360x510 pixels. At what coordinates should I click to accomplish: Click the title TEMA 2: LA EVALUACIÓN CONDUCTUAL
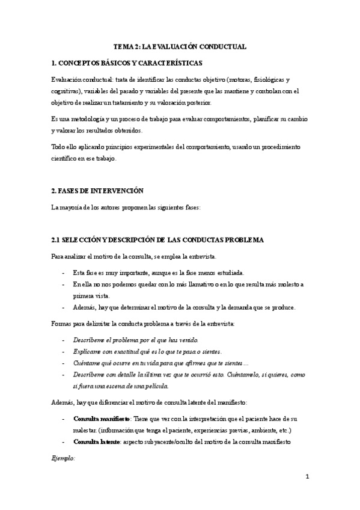tap(180, 46)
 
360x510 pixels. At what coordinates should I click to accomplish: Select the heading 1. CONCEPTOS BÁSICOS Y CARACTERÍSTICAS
tap(127, 63)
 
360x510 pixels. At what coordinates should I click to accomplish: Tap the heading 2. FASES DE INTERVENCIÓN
tap(98, 191)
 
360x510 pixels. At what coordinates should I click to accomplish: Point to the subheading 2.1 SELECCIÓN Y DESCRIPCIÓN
tap(158, 240)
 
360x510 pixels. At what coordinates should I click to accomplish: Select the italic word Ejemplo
tap(63, 458)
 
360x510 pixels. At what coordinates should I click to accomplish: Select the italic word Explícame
tap(89, 351)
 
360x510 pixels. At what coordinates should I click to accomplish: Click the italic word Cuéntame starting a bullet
tap(90, 363)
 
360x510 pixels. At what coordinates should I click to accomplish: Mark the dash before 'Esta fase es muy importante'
tap(64, 272)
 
